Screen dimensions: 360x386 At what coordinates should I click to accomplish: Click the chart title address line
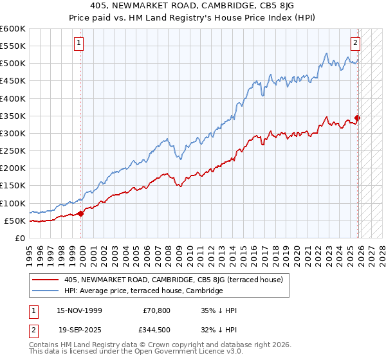pyautogui.click(x=192, y=6)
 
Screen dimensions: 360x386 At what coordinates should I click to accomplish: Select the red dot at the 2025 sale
pyautogui.click(x=358, y=118)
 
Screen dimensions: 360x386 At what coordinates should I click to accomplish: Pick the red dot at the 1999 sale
pyautogui.click(x=81, y=213)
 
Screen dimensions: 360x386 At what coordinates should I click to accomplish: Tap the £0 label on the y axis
pyautogui.click(x=19, y=238)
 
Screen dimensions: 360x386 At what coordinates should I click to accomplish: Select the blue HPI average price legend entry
pyautogui.click(x=143, y=291)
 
